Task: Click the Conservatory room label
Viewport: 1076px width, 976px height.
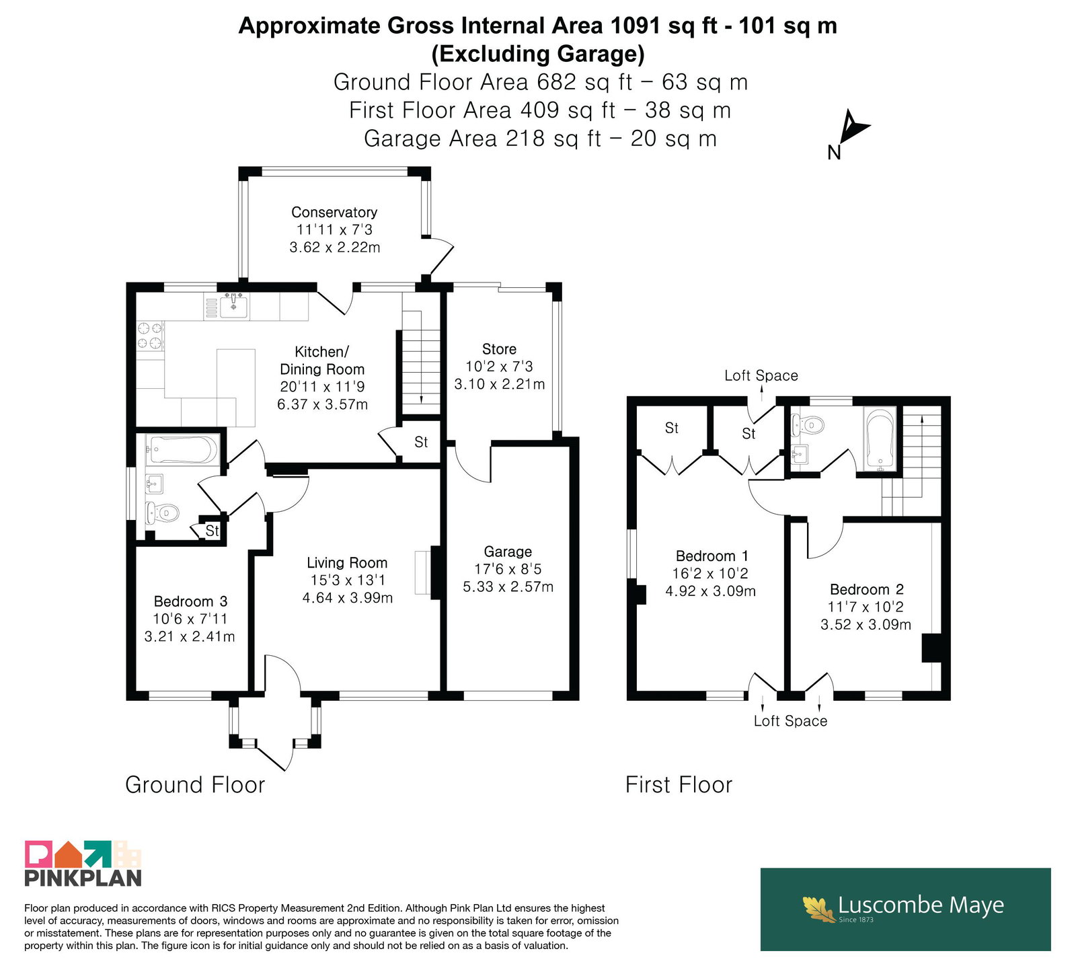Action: [334, 213]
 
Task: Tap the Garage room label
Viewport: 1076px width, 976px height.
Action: [508, 552]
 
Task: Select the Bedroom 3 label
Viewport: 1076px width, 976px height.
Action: [190, 601]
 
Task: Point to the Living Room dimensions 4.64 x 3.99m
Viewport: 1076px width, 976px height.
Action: [348, 597]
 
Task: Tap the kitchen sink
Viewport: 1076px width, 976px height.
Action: [233, 307]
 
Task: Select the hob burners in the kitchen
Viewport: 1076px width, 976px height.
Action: [150, 336]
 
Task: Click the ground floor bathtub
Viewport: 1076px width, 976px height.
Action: [184, 449]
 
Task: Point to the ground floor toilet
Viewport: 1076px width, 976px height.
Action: [162, 513]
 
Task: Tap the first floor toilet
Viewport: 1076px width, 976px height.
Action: [808, 424]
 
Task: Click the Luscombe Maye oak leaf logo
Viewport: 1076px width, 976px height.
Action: [819, 909]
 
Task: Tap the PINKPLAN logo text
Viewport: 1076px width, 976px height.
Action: [83, 878]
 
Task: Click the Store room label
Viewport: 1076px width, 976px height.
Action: [499, 349]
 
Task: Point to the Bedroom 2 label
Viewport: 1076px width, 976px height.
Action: [866, 590]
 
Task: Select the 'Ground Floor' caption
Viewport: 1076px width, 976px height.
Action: [195, 785]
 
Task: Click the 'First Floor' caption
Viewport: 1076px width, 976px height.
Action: [679, 785]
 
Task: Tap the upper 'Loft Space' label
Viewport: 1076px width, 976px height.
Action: [761, 375]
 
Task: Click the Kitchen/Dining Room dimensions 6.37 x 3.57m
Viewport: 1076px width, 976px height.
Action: [323, 404]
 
